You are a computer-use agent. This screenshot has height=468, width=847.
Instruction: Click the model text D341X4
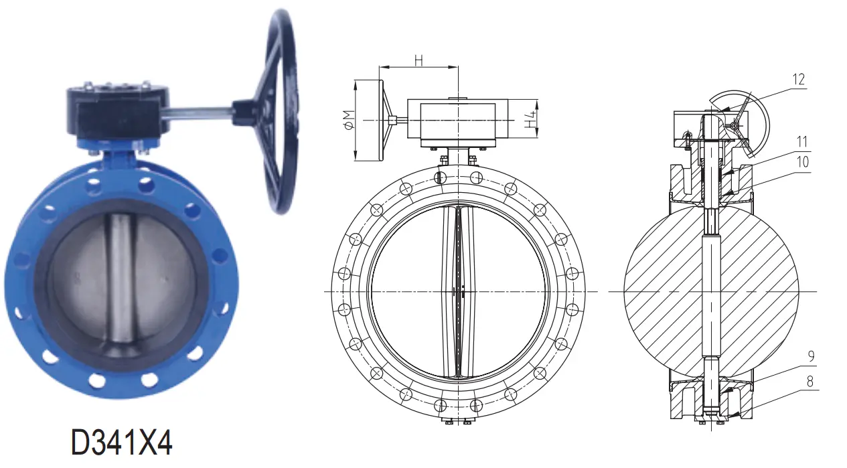(x=122, y=443)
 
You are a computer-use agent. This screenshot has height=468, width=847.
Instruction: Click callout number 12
(x=797, y=80)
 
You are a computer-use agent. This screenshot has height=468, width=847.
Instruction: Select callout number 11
(x=802, y=142)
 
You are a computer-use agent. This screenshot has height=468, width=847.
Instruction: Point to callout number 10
(x=802, y=161)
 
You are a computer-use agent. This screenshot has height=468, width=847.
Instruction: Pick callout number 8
(x=811, y=382)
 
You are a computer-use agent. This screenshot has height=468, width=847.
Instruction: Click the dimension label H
(x=418, y=60)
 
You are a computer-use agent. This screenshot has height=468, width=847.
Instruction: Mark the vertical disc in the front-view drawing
(x=459, y=291)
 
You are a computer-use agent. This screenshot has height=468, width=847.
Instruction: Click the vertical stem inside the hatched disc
(x=711, y=291)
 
